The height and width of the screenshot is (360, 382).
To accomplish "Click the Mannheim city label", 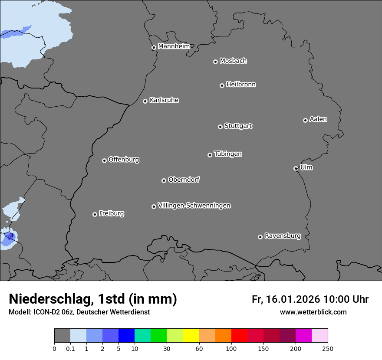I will (174, 46).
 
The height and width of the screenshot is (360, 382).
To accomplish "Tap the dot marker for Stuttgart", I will (220, 127).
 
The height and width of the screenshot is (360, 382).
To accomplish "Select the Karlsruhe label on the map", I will (164, 100).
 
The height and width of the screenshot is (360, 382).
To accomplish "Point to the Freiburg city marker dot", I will (95, 214).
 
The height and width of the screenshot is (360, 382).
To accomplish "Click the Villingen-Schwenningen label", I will (194, 206).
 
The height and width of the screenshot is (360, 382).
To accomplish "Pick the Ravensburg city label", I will (283, 236).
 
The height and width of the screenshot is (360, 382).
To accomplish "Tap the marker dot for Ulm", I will (296, 168).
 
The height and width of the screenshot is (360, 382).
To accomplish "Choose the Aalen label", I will (318, 119).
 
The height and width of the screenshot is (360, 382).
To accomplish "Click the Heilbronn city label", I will (241, 85).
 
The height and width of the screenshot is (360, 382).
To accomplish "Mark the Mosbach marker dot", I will (215, 62).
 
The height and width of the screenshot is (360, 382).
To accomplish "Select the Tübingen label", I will (228, 154).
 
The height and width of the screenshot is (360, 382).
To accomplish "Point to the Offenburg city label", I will (124, 160).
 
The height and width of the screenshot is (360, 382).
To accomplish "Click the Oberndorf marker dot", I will (164, 180).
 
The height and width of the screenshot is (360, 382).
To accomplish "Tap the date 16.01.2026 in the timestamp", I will (291, 299).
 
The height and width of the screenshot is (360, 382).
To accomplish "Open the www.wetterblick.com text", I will (313, 312).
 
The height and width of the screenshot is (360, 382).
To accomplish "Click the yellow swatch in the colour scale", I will (191, 336).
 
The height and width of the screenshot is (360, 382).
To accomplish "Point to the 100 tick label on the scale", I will (231, 348).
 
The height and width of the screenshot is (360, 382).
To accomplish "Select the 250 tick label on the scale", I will (328, 348).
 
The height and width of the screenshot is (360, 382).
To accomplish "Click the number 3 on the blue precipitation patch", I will (11, 236).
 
